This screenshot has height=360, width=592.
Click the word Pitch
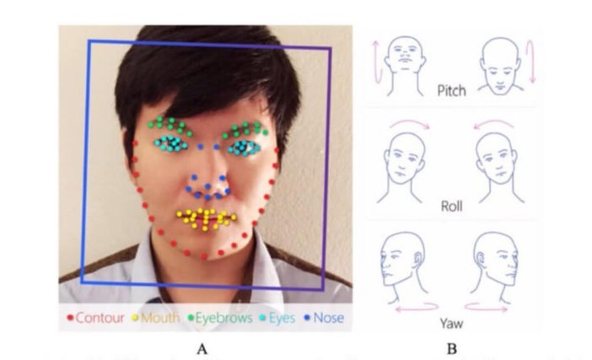tap(451, 91)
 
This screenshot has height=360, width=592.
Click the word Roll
tap(451, 206)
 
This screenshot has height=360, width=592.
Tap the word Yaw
tap(451, 324)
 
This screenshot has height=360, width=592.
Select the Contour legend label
tap(100, 318)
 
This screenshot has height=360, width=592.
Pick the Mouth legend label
tap(160, 318)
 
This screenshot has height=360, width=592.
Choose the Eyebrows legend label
tap(223, 318)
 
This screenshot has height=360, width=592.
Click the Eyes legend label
tap(282, 318)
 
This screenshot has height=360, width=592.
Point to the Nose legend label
tap(329, 318)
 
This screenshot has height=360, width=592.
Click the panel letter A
tap(202, 349)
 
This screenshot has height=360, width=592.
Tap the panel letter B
tap(451, 349)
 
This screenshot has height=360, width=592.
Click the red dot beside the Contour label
tap(70, 318)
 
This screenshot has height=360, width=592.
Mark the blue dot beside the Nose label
tap(307, 318)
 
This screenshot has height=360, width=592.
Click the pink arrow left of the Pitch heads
tap(375, 62)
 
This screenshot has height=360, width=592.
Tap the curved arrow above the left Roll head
tap(410, 122)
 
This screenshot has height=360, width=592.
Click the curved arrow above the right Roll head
tap(494, 122)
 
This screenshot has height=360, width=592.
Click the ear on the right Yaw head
tap(480, 258)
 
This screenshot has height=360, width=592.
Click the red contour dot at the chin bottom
tap(204, 256)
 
